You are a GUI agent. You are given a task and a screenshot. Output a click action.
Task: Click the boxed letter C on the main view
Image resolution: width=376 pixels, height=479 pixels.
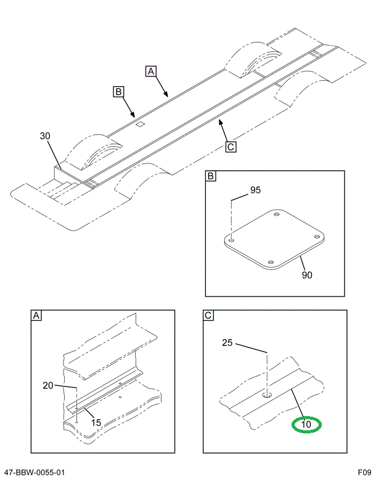click(x=230, y=147)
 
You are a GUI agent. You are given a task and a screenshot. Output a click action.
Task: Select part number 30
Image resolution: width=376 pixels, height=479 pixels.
click(x=45, y=136)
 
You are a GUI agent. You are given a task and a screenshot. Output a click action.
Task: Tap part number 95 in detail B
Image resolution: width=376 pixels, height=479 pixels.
click(x=255, y=190)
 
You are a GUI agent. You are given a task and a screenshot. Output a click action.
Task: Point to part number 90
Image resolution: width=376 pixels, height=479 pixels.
click(x=306, y=275)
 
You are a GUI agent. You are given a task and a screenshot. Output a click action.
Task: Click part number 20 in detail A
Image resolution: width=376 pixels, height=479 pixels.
click(x=49, y=386)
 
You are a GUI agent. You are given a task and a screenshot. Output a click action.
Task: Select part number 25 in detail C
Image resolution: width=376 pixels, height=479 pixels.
click(x=227, y=343)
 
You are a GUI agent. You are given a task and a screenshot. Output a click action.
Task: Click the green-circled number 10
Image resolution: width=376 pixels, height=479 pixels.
click(x=306, y=425)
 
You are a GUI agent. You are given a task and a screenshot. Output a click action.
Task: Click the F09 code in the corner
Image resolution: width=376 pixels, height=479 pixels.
click(x=363, y=472)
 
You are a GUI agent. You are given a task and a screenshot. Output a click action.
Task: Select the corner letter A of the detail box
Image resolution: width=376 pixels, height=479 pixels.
click(x=36, y=316)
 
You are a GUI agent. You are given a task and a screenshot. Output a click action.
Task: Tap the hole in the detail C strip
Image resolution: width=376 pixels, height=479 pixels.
click(x=266, y=393)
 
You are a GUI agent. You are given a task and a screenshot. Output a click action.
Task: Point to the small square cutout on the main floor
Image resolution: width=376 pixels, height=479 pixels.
click(x=140, y=124)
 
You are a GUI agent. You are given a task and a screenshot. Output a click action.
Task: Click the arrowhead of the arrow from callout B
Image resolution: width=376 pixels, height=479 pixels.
click(x=133, y=115)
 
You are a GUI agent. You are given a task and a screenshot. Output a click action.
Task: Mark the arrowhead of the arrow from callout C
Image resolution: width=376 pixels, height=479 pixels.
click(x=218, y=123)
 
